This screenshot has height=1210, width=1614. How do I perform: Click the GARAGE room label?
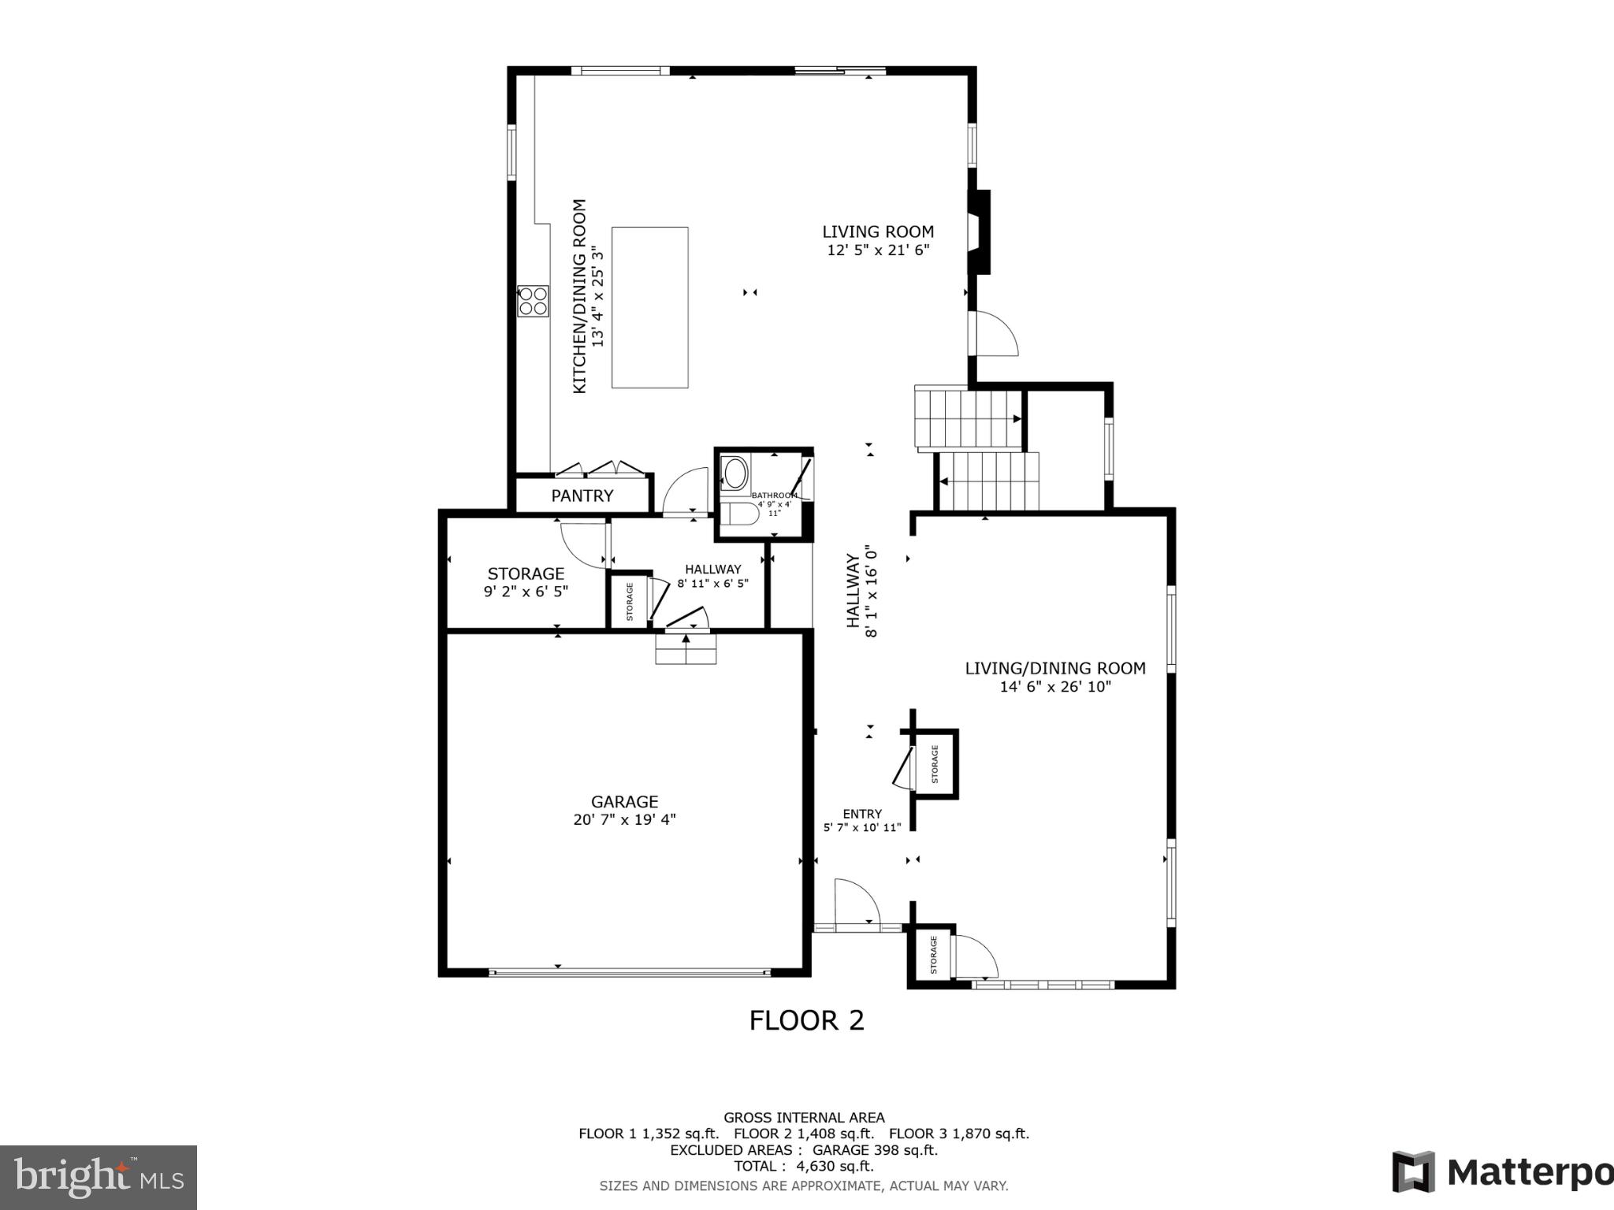coord(624,801)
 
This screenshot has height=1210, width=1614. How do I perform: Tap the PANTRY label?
coord(582,496)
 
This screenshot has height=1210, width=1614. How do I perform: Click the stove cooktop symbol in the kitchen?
coord(533,301)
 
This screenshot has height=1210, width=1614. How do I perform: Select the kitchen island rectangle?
coord(649,307)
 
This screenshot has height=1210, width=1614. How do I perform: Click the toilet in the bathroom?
coord(742,514)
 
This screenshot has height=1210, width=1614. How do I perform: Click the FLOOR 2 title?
coord(806,1021)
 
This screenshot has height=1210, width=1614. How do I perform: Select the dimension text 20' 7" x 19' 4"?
coord(624,820)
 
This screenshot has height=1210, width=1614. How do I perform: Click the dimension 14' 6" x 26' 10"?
coord(1055,687)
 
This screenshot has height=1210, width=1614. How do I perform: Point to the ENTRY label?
coord(862,814)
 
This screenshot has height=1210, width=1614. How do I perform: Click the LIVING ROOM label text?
coord(878,232)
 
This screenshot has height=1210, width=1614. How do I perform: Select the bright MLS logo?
coord(98,1177)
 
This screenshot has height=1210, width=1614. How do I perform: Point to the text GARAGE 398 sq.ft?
coord(875,1149)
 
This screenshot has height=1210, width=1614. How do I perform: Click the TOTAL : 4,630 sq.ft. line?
coord(803,1166)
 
